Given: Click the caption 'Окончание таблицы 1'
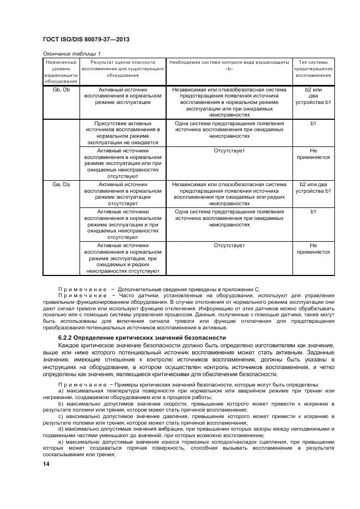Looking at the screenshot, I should point(71,53).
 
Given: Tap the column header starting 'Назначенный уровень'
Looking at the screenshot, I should point(61,72).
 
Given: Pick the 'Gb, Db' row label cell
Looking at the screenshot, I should point(61,89).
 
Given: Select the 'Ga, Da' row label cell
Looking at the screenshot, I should point(61,185).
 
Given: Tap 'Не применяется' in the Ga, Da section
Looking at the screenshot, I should point(313,249).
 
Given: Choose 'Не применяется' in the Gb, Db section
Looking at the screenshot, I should point(313,153).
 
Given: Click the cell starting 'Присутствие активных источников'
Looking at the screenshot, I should point(123,133).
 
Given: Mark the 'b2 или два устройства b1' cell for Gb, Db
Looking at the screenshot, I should point(313,96).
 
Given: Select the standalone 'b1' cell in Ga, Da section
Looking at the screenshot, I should point(313,211).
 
